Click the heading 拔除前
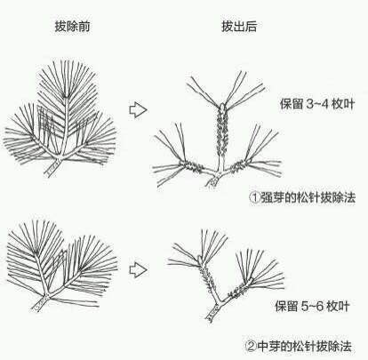pyautogui.click(x=72, y=27)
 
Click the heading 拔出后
pyautogui.click(x=239, y=27)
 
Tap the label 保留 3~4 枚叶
pyautogui.click(x=317, y=104)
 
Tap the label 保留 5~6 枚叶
pyautogui.click(x=312, y=306)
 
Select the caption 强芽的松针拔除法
pyautogui.click(x=308, y=197)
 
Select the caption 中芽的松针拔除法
pyautogui.click(x=305, y=346)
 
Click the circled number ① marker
pyautogui.click(x=255, y=197)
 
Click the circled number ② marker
pyautogui.click(x=252, y=346)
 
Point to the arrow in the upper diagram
pyautogui.click(x=138, y=110)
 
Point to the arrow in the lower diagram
pyautogui.click(x=138, y=270)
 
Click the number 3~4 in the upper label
pyautogui.click(x=317, y=104)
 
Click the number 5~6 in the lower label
pyautogui.click(x=312, y=306)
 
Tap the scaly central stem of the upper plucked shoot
pyautogui.click(x=222, y=131)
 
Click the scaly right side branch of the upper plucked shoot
pyautogui.click(x=238, y=166)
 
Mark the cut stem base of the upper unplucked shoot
pyautogui.click(x=51, y=167)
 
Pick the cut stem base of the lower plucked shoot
pyautogui.click(x=212, y=314)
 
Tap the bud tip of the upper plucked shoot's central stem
pyautogui.click(x=222, y=106)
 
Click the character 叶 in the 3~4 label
pyautogui.click(x=348, y=104)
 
